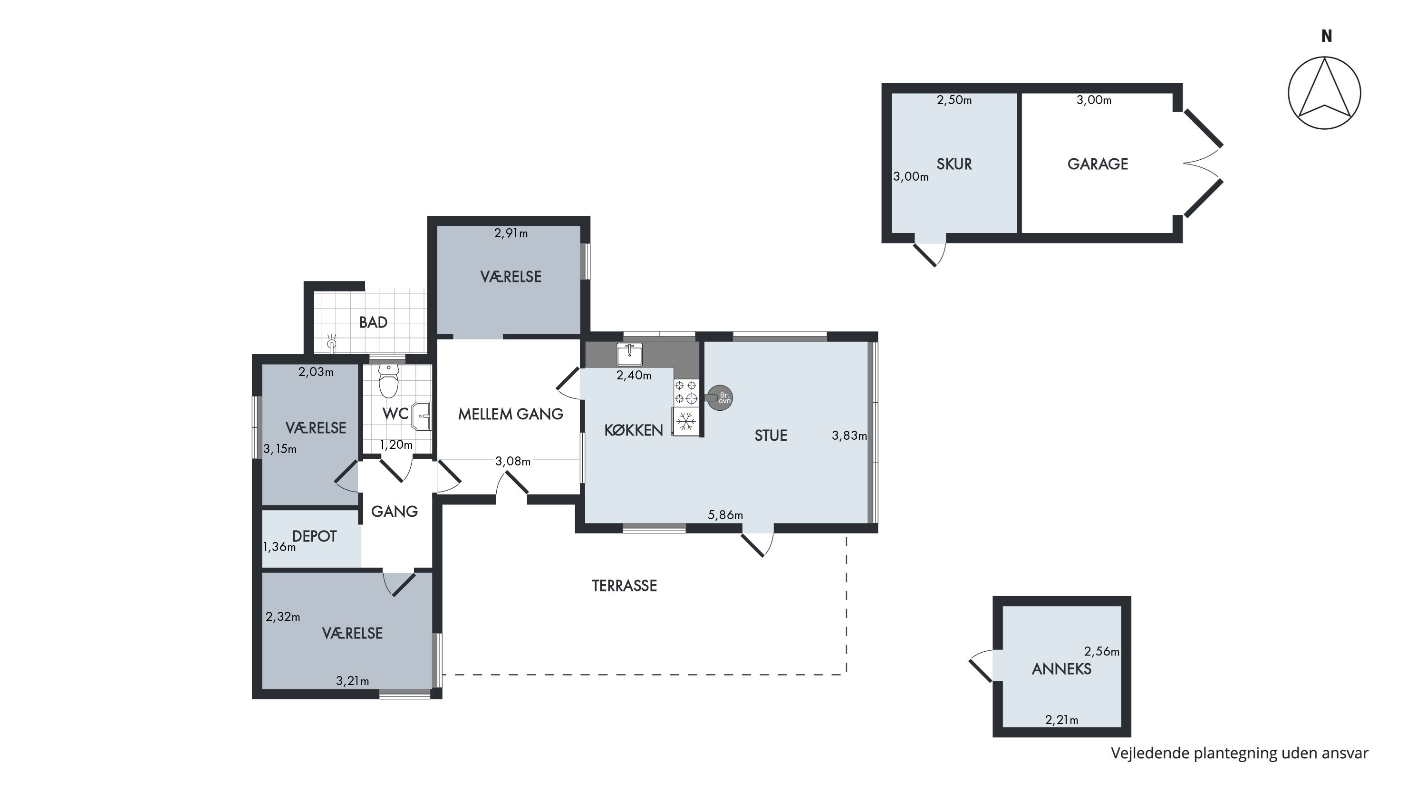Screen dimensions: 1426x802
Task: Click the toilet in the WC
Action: pyautogui.click(x=389, y=380)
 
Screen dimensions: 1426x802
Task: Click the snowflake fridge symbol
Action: pyautogui.click(x=686, y=422)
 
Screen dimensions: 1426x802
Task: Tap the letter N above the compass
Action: pyautogui.click(x=1326, y=36)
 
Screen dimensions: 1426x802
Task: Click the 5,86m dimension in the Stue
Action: pyautogui.click(x=725, y=515)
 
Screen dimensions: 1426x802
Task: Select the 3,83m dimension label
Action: pyautogui.click(x=849, y=435)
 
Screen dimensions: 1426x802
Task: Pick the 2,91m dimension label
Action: pyautogui.click(x=511, y=233)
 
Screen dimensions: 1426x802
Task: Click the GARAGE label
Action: pyautogui.click(x=1098, y=164)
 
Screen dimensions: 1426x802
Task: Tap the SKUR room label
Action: pyautogui.click(x=954, y=164)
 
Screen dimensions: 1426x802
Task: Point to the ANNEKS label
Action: pyautogui.click(x=1062, y=669)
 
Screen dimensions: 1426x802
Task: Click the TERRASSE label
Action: pyautogui.click(x=625, y=586)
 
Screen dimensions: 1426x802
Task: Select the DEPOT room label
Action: pyautogui.click(x=314, y=536)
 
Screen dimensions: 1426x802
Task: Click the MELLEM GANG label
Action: pyautogui.click(x=511, y=414)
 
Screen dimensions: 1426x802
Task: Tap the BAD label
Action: pyautogui.click(x=373, y=323)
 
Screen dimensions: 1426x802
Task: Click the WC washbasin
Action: pyautogui.click(x=422, y=415)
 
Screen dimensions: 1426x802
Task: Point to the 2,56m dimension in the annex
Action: pyautogui.click(x=1102, y=652)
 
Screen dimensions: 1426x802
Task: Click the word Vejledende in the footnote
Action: pyautogui.click(x=1150, y=754)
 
